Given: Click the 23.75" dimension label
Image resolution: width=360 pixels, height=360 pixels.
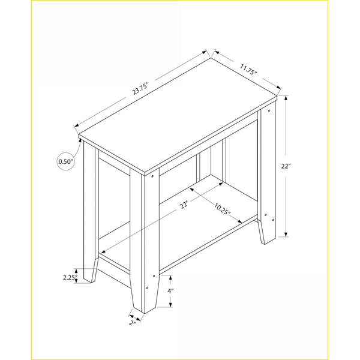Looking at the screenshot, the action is pos(139,88).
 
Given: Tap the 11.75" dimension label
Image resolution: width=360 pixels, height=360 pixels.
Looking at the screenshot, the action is pos(248,70).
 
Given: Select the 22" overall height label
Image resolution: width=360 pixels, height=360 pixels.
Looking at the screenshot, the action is pos(286,166).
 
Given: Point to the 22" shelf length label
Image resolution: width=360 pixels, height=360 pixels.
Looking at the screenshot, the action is pos(184,205).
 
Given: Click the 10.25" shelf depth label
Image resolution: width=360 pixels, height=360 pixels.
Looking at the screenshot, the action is pos(222,209).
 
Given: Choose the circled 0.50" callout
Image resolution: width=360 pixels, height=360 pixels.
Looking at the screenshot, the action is pos(65,161).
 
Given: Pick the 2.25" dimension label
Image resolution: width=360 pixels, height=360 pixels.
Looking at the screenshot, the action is pos(70,278).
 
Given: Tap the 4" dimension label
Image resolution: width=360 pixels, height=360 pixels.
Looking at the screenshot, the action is pos(170,291).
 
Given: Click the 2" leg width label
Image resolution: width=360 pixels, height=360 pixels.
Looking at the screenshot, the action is pos(132,323).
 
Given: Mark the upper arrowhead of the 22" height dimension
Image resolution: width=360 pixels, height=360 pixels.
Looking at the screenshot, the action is pos(286,98).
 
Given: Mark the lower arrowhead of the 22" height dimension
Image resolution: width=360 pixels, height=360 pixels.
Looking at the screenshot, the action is pos(286,234).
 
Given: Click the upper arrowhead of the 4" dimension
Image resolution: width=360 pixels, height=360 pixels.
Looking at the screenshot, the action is pos(170,278).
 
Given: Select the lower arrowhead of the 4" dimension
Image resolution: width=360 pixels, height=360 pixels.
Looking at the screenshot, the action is pos(170,304).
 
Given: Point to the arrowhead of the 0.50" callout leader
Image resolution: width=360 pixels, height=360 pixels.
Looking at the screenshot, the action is pos(80,140).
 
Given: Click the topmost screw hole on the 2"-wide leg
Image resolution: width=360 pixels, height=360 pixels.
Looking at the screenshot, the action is pos(152,176).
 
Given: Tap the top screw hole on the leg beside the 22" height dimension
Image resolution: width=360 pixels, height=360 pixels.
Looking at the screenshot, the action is pos(269,111).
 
